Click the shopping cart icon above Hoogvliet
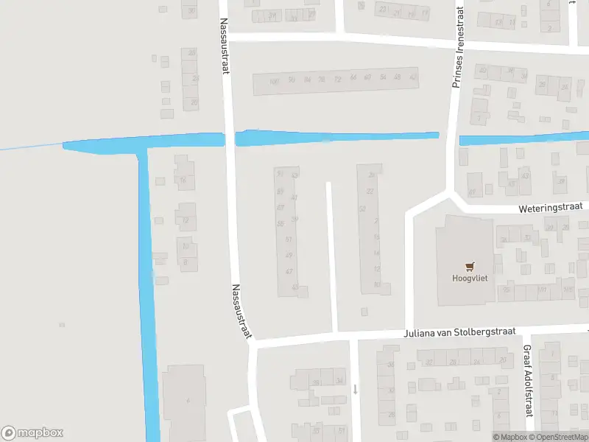pos(470,266)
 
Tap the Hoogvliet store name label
pos(469,278)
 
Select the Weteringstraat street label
pos(549,208)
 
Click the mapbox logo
pos(32,433)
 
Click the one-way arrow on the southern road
pos(355,388)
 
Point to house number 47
pos(289,271)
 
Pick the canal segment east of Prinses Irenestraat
pos(523,138)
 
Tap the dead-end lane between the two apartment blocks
pos(331,258)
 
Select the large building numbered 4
pos(186,401)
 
